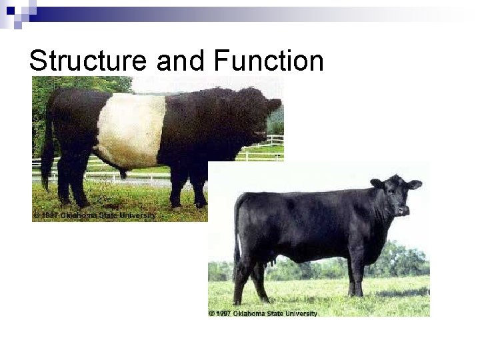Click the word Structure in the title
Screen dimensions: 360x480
tap(88, 61)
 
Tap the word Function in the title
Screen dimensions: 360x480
tap(269, 61)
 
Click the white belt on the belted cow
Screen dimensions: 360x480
tap(131, 130)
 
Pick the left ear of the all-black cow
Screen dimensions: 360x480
tap(377, 183)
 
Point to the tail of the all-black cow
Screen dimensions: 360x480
tap(237, 233)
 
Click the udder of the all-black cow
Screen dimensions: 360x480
tap(270, 264)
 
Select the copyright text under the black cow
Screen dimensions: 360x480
tap(263, 313)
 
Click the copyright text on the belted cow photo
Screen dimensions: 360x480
tap(94, 215)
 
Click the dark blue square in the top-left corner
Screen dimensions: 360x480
tap(10, 10)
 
